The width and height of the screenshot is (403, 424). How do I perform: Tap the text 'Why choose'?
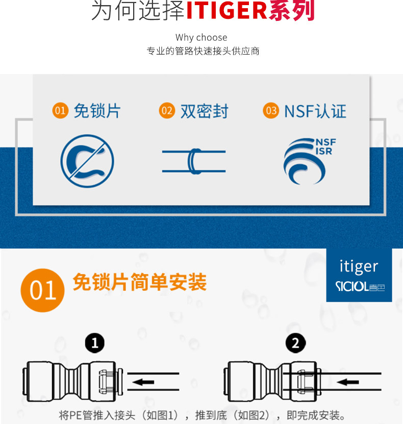[201, 37]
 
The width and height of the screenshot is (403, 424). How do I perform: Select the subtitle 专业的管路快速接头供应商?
[203, 52]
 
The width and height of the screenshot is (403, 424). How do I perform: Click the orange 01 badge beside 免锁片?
[60, 110]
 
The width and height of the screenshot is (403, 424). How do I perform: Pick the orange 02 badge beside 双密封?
[167, 111]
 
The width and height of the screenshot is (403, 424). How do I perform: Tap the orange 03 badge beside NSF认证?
[271, 111]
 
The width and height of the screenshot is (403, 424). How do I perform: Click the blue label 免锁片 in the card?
[97, 111]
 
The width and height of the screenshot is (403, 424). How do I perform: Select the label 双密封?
[204, 111]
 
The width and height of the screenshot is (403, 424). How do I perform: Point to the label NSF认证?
[315, 111]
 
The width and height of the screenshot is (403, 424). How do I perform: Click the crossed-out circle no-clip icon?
[87, 161]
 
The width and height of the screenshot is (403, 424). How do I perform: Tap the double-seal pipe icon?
[194, 161]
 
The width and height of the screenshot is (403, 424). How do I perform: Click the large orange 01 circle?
[42, 290]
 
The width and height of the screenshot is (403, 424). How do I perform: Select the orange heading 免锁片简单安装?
[139, 282]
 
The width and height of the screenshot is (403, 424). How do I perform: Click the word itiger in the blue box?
[359, 266]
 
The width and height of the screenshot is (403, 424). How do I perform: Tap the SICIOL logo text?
[352, 287]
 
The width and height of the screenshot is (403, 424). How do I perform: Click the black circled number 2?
[295, 343]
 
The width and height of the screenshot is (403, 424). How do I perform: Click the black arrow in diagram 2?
[345, 382]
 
